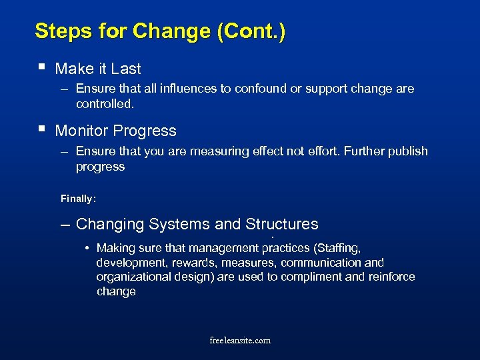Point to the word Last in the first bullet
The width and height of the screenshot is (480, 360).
126,69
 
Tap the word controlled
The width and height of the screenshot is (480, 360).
105,105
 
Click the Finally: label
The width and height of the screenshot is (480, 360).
78,199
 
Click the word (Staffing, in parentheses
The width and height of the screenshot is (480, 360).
336,249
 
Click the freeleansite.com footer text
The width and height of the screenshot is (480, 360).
240,340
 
